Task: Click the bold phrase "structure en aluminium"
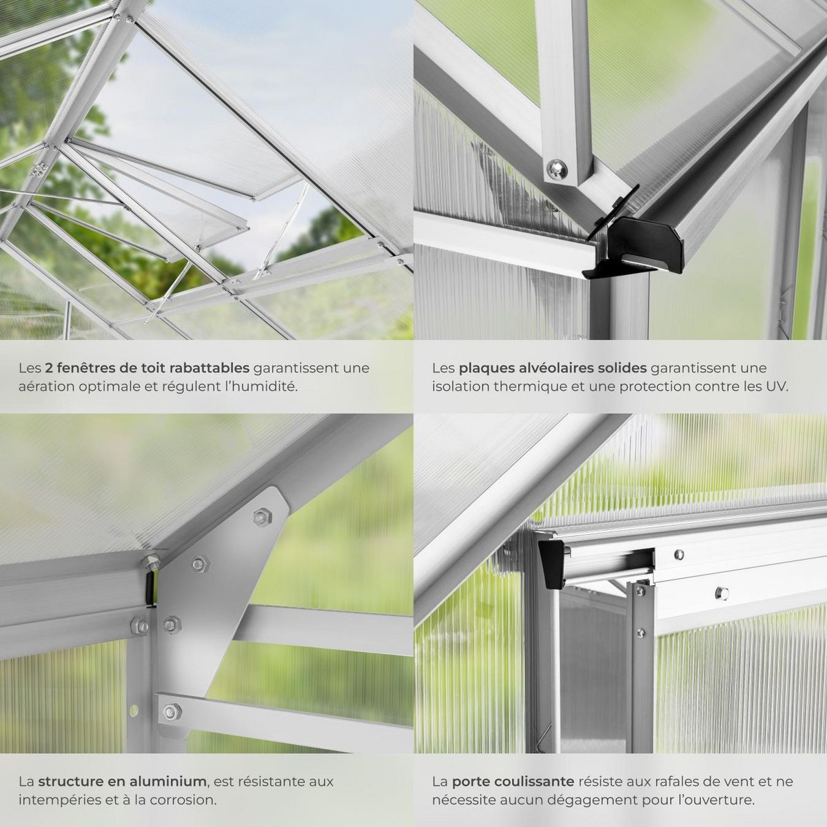tap(122, 782)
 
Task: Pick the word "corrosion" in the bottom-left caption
tap(184, 800)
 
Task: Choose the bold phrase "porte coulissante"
tap(513, 782)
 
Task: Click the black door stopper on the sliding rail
tap(551, 564)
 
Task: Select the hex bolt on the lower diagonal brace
tap(172, 711)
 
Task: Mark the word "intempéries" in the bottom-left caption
tap(54, 800)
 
